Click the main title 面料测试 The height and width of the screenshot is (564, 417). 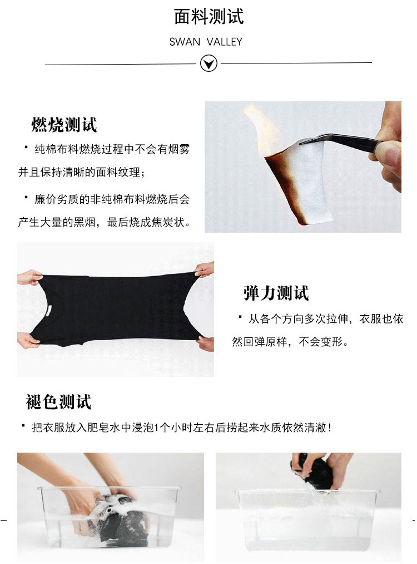209,17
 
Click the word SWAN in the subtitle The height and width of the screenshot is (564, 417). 185,42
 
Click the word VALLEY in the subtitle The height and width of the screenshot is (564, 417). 225,42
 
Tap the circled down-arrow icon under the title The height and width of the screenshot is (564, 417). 209,63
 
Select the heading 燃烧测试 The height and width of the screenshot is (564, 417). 64,125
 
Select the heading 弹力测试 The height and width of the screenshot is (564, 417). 276,293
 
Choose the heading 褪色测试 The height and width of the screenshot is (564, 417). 58,402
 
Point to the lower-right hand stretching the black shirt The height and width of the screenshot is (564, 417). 205,344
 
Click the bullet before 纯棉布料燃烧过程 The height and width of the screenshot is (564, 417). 26,147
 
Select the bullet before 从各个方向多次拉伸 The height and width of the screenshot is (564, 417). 240,317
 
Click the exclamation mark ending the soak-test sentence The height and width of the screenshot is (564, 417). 329,428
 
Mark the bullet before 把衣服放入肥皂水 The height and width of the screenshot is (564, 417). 23,425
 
